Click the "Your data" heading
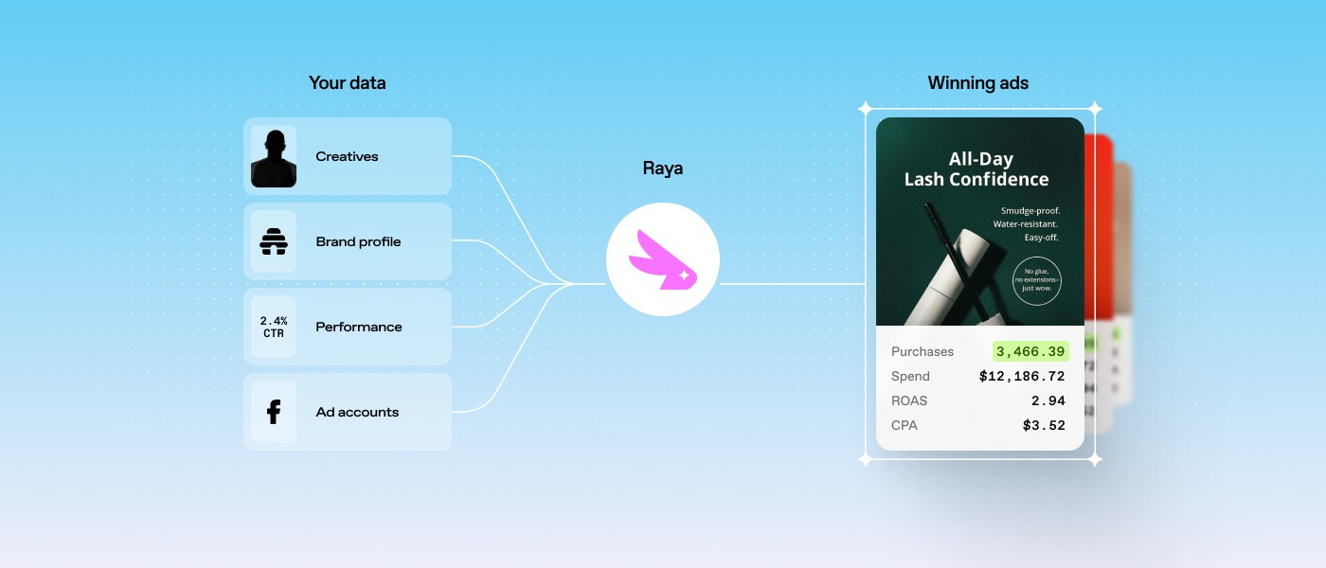(x=347, y=83)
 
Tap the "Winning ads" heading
(x=977, y=83)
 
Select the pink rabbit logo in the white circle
(x=662, y=259)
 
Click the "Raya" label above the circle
(x=662, y=169)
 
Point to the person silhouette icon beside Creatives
(x=274, y=157)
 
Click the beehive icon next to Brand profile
(x=274, y=242)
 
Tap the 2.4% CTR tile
(x=274, y=327)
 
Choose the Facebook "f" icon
(x=274, y=412)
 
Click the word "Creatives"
(x=347, y=157)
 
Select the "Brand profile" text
(x=358, y=242)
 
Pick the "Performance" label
(x=358, y=328)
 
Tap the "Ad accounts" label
(x=357, y=413)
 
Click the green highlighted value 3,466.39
(x=1030, y=351)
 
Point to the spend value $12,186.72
(x=1022, y=376)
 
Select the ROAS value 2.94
(x=1048, y=400)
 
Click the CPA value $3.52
(x=1044, y=425)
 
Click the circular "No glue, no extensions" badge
(x=1036, y=280)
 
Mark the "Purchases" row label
(x=922, y=351)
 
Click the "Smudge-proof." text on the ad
(x=1030, y=210)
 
